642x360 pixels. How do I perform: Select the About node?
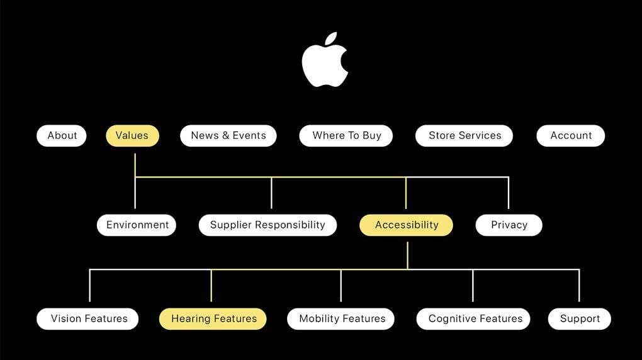click(62, 135)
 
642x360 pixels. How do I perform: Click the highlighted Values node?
click(132, 135)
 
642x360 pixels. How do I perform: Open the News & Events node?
click(228, 135)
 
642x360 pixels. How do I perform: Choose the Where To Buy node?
click(346, 135)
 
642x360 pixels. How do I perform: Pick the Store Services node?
click(465, 135)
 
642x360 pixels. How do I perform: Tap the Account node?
click(571, 135)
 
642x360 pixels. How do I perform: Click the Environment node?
click(137, 225)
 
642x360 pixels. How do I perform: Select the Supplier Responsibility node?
click(267, 225)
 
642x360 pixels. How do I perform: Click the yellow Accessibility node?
click(406, 225)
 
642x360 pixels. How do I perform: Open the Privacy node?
click(509, 225)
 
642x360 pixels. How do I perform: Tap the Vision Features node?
click(89, 318)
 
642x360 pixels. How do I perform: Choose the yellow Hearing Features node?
click(213, 318)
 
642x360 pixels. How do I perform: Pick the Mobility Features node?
click(341, 318)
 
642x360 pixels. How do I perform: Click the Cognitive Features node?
click(473, 318)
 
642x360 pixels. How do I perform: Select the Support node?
click(580, 318)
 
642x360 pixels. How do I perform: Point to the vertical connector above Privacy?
click(508, 193)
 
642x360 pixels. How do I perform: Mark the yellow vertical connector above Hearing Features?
click(211, 286)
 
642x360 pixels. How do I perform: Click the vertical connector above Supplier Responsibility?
click(271, 193)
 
